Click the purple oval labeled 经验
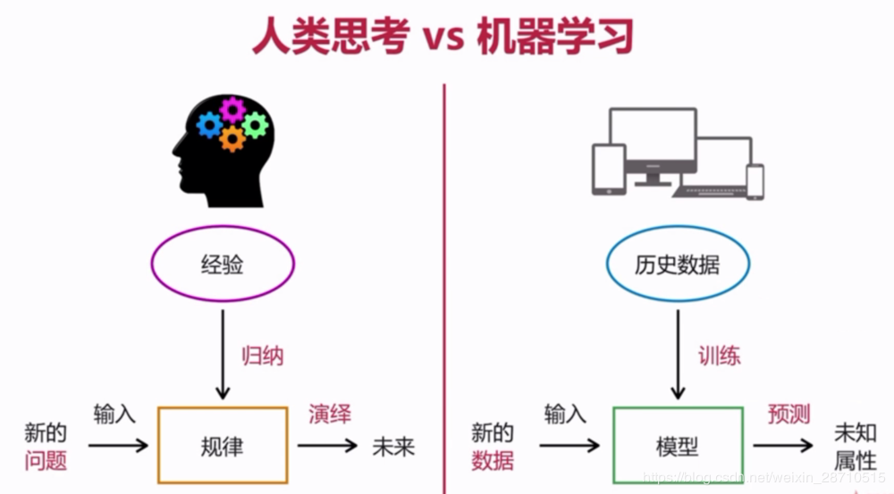pos(223,264)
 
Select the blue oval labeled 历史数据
pos(677,264)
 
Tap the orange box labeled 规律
pos(223,445)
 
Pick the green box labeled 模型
pos(677,445)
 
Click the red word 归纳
pos(263,356)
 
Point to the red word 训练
pos(719,356)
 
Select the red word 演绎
pos(330,414)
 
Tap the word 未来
pos(393,446)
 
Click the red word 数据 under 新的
pos(492,461)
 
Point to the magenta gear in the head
pos(232,109)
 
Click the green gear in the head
pos(255,125)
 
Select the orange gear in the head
pos(232,138)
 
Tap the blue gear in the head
pos(209,125)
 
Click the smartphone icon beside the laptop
pos(756,181)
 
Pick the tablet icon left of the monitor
pos(609,170)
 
